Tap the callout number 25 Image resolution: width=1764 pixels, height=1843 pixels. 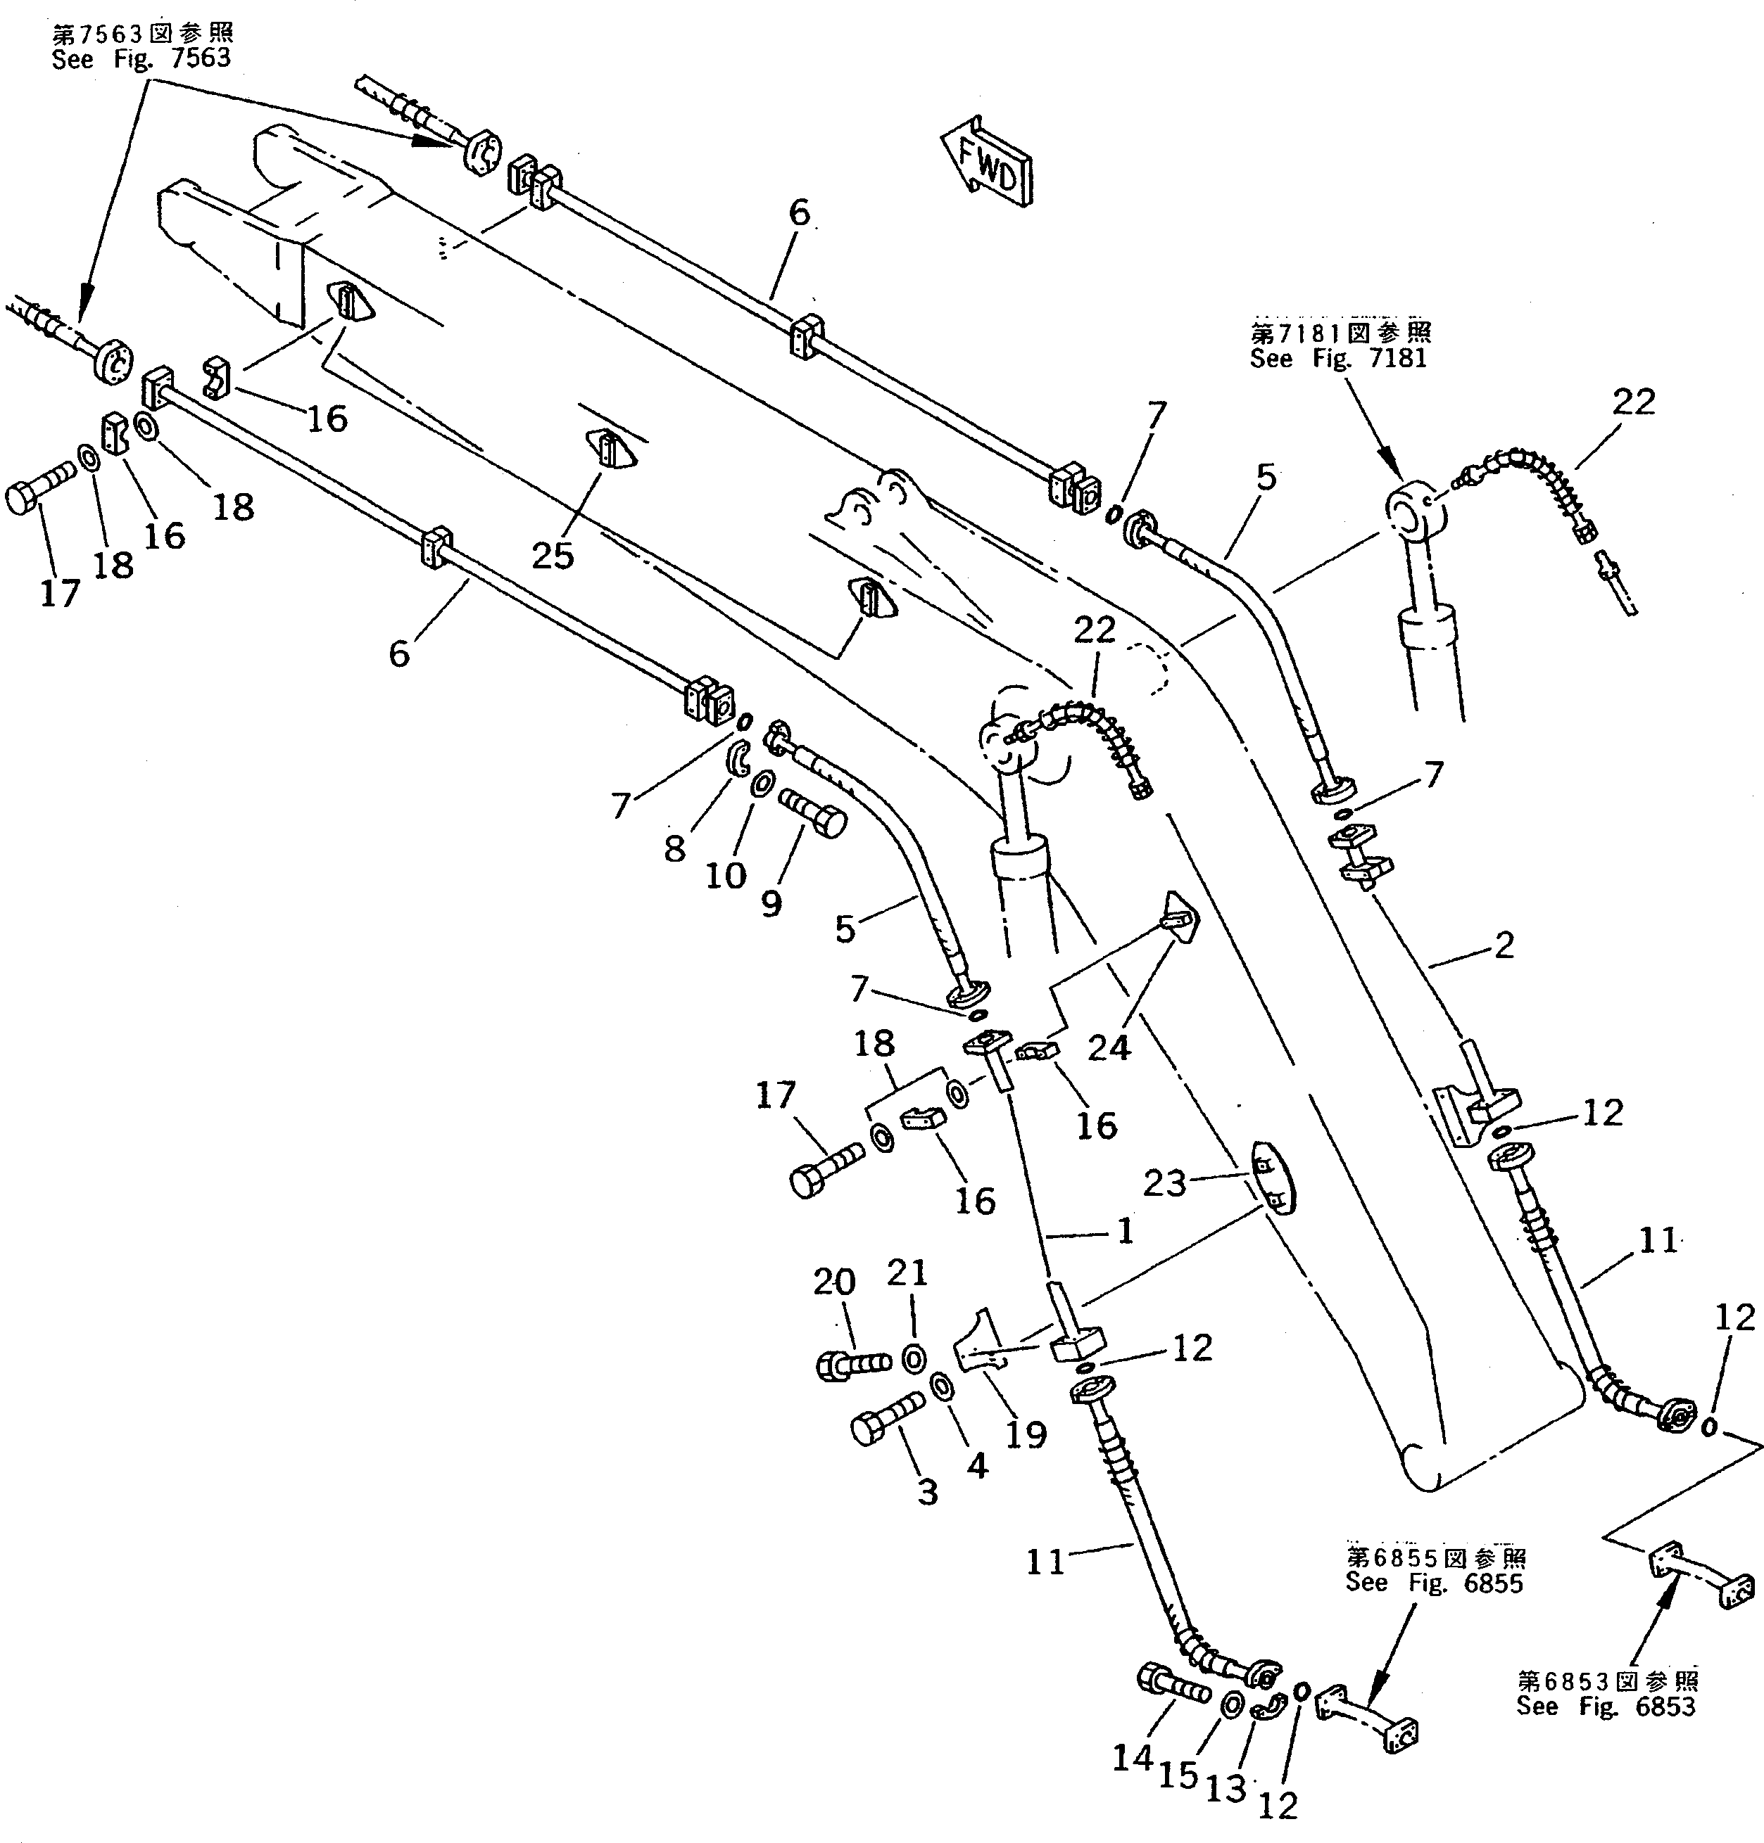[552, 556]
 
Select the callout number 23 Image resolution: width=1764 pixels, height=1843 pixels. [1164, 1182]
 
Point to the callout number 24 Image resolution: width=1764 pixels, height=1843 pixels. [1109, 1046]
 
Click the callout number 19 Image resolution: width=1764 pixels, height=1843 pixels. [1025, 1434]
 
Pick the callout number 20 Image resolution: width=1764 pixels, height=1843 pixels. [834, 1281]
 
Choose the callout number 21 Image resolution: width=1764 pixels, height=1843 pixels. [907, 1273]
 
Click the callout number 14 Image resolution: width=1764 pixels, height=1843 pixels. [1132, 1756]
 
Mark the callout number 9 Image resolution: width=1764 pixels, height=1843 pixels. [770, 904]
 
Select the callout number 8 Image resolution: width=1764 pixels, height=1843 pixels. [674, 848]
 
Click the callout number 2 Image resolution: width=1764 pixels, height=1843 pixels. [1504, 945]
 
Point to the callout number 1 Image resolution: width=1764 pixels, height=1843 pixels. [1126, 1230]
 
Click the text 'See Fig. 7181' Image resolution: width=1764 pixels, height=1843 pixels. [1338, 358]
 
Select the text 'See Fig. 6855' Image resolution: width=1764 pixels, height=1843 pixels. [1434, 1608]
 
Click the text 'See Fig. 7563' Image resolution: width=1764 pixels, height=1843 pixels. [141, 58]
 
